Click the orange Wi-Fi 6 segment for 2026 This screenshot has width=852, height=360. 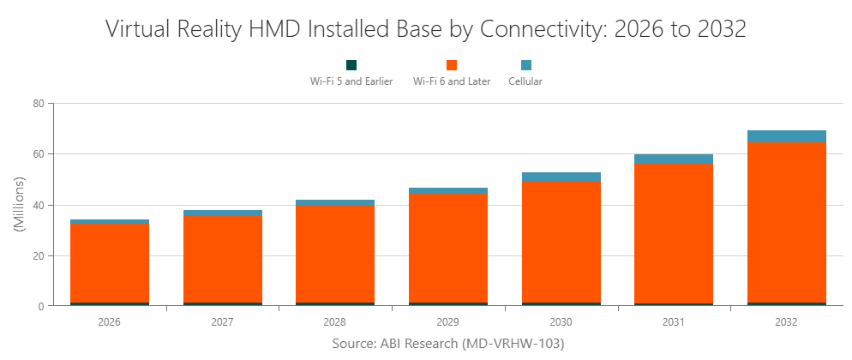coord(110,263)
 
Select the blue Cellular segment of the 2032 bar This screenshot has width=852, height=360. coord(786,136)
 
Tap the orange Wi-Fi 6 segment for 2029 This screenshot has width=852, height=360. coord(448,248)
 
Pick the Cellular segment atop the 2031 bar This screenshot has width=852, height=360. coord(673,159)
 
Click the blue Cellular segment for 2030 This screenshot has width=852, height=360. coord(561,177)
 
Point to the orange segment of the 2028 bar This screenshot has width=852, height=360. coord(335,254)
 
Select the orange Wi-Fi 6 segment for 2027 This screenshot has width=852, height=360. coord(223,259)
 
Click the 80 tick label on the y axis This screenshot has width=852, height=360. coord(38,104)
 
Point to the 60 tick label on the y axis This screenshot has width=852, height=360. coord(38,154)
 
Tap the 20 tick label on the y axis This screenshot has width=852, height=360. coord(38,256)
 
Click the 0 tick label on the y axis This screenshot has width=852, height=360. coord(41,307)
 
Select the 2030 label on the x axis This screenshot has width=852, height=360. coord(561,323)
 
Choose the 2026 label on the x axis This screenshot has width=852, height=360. coord(110,323)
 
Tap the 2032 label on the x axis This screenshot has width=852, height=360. coord(786,323)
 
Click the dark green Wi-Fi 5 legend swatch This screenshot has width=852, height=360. coord(351,65)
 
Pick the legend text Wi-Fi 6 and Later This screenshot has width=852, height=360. coord(452,81)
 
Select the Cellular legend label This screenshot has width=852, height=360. coord(525,81)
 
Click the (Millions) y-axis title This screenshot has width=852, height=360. coord(19,205)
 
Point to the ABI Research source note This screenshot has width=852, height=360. coord(447,343)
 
